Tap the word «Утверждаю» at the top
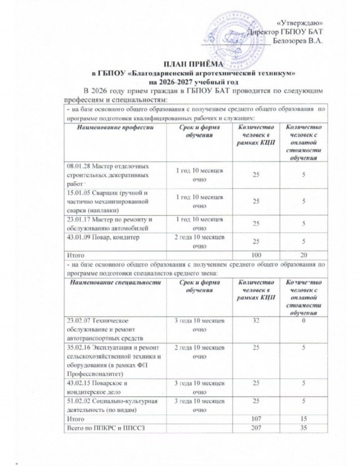[300, 23]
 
